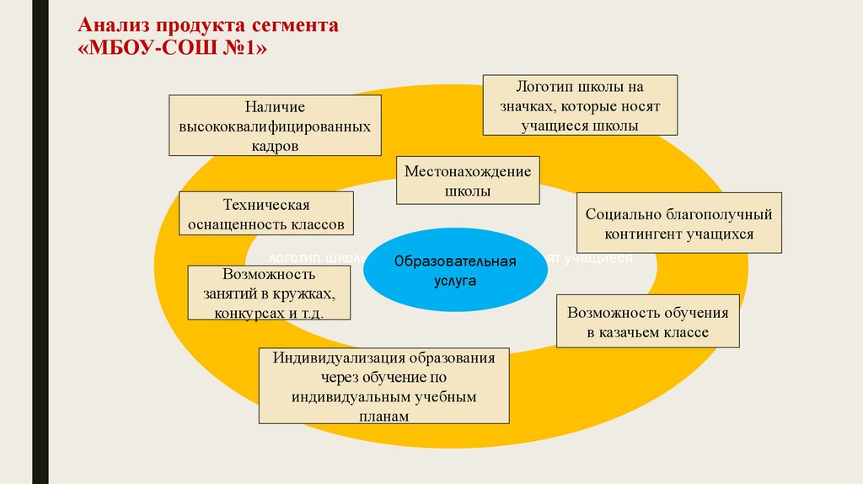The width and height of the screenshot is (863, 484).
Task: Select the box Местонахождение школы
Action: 468,181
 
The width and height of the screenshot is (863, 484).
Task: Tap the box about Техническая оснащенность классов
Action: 266,214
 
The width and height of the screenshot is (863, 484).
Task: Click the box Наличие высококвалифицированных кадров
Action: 275,126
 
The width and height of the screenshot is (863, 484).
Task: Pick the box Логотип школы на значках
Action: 580,105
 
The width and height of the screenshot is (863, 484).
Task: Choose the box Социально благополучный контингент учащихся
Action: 679,224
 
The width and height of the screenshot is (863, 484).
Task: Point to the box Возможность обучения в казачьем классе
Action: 647,321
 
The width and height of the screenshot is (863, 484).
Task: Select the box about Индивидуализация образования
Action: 383,386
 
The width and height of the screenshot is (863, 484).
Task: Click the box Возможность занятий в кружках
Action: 269,293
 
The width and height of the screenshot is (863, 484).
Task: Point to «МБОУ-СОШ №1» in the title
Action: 173,49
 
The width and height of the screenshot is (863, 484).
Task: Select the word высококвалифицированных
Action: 275,126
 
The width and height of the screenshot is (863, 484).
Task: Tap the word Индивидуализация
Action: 338,357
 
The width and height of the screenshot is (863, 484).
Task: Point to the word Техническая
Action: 266,205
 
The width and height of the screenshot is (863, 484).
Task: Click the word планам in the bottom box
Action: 383,416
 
